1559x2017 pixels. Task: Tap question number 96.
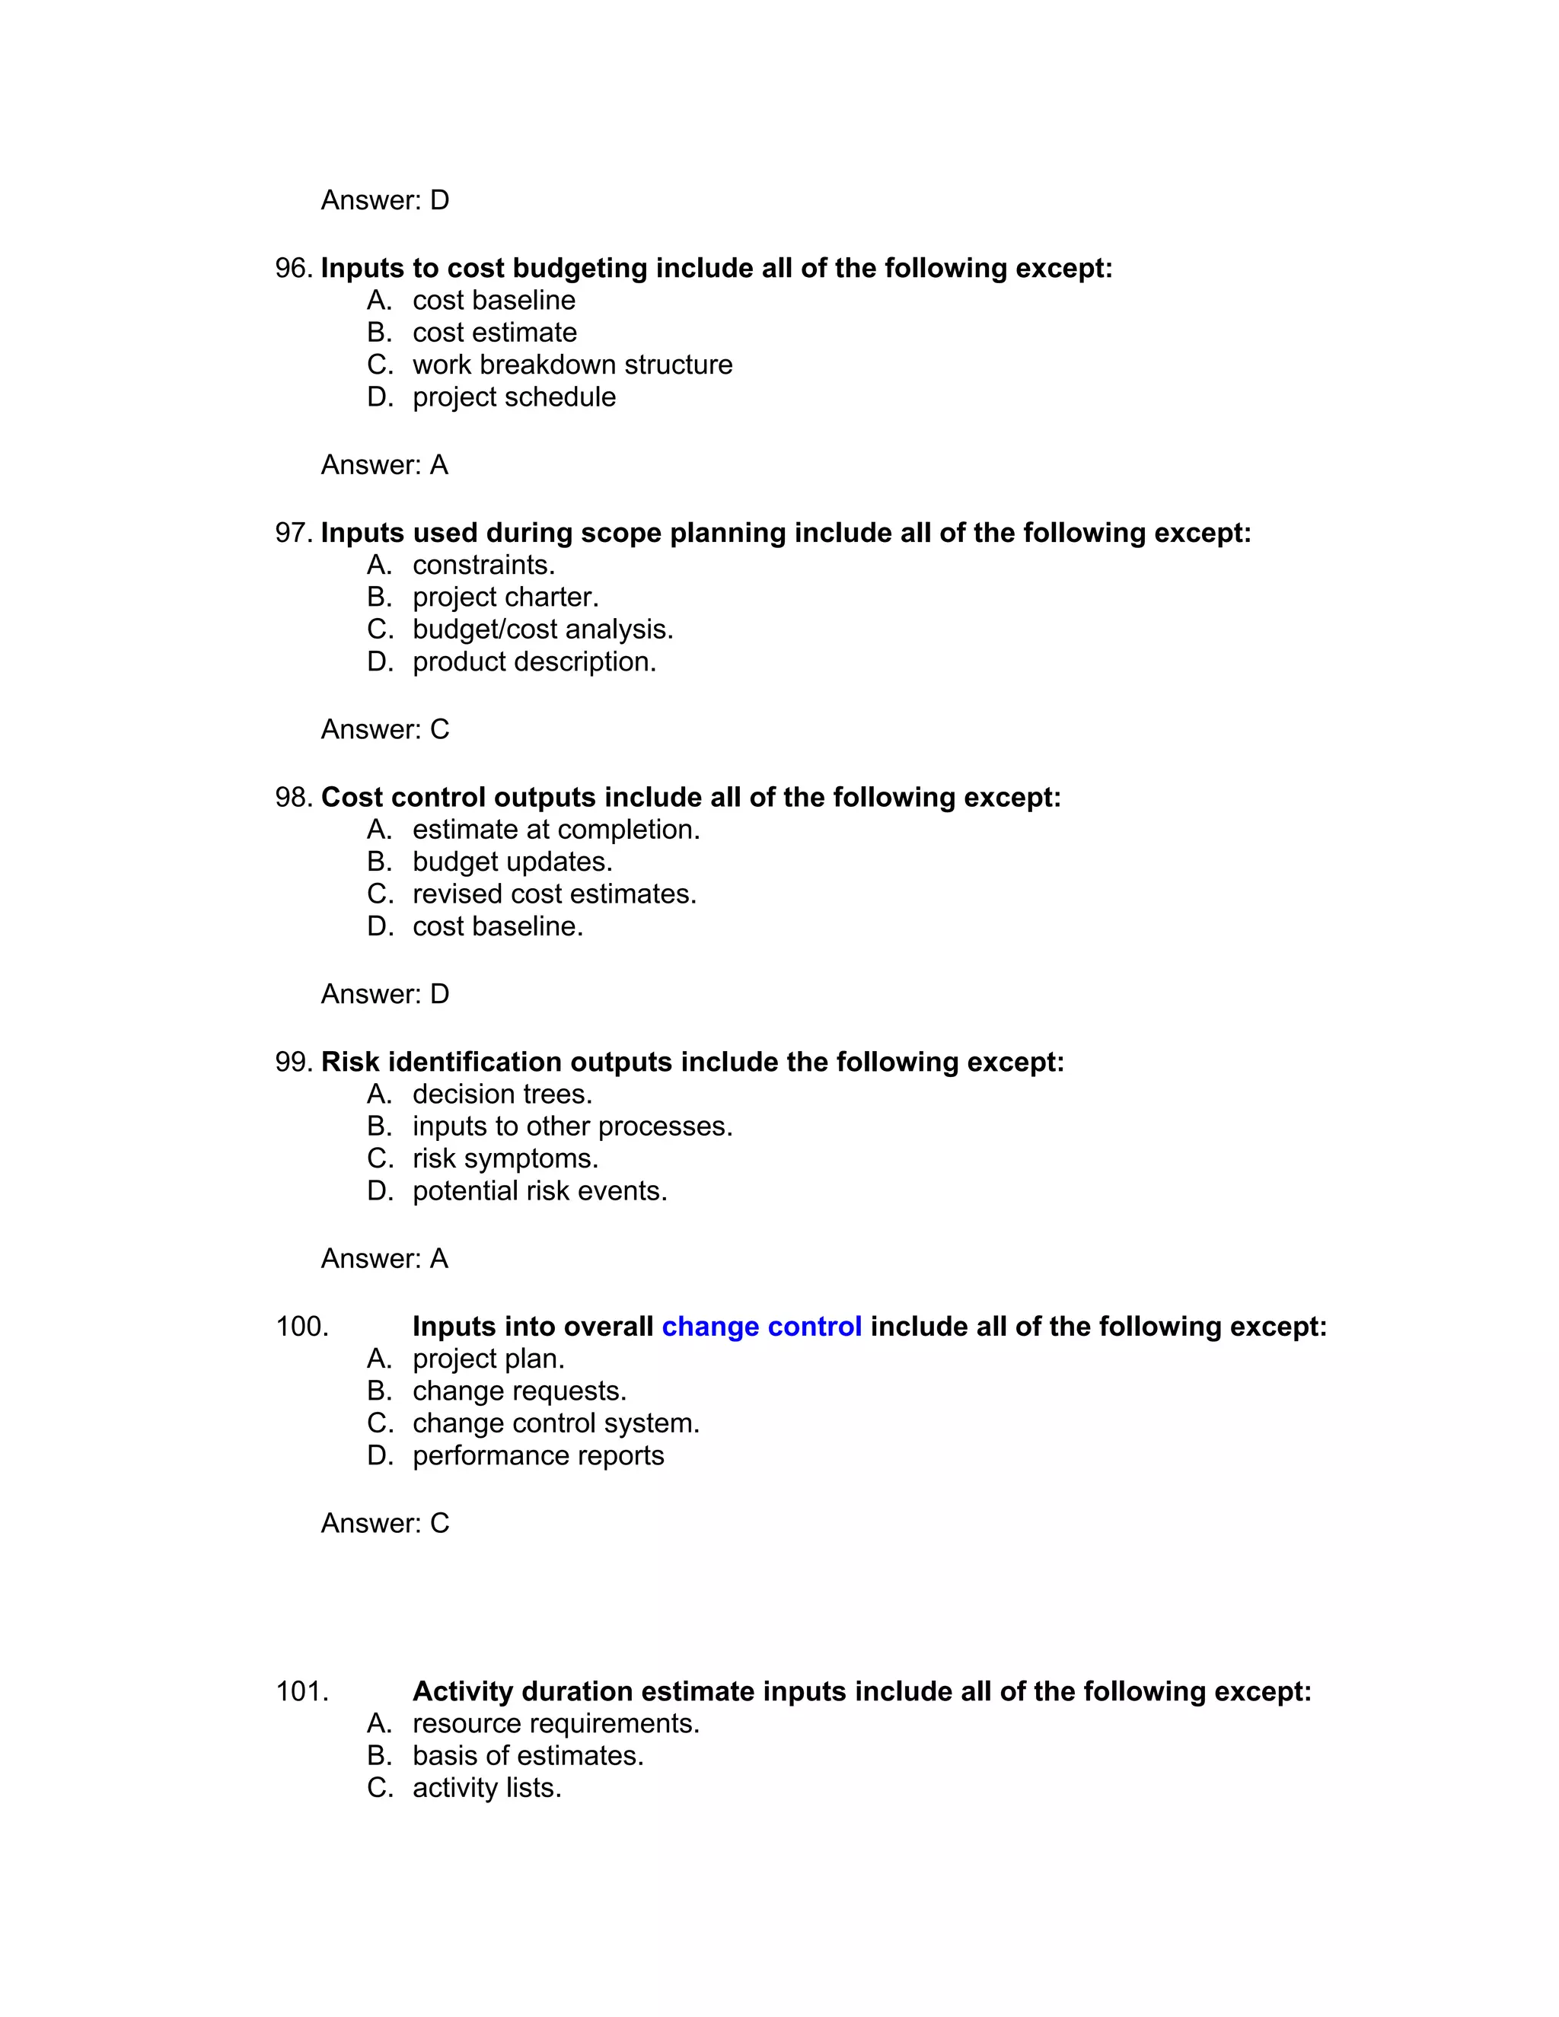tap(294, 269)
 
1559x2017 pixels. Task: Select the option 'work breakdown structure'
tap(572, 365)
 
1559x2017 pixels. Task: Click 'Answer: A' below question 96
tap(384, 464)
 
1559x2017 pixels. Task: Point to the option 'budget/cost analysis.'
tap(542, 630)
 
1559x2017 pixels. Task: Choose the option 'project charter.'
tap(505, 597)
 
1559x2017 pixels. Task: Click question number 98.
tap(294, 798)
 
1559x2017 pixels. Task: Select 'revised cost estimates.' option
tap(554, 894)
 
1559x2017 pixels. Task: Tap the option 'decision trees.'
tap(502, 1095)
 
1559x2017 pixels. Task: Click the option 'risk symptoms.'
tap(505, 1159)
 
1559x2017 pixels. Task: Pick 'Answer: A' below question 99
tap(384, 1259)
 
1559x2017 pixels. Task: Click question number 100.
tap(302, 1327)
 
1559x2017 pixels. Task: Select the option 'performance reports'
tap(537, 1455)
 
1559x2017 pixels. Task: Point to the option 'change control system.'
tap(556, 1423)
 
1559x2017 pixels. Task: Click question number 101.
tap(302, 1692)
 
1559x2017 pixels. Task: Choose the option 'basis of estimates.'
tap(528, 1756)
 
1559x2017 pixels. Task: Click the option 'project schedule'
tap(514, 397)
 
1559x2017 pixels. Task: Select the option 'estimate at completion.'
tap(556, 830)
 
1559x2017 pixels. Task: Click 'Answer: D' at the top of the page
tap(384, 200)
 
